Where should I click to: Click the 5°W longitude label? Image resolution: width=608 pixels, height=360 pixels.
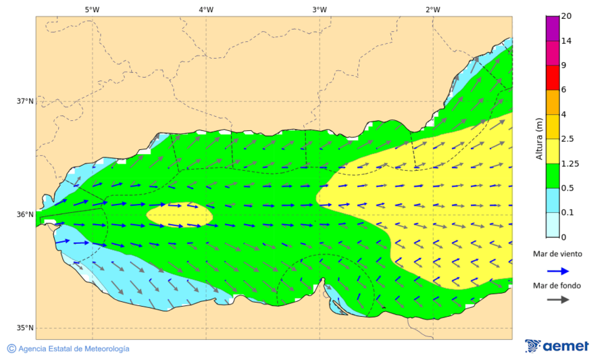(93, 9)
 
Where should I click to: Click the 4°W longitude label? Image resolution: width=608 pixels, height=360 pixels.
(206, 9)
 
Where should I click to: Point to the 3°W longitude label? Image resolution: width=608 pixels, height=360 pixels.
(320, 9)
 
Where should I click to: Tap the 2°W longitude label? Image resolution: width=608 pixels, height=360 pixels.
(433, 9)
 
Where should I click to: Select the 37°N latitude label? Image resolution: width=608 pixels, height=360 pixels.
(25, 101)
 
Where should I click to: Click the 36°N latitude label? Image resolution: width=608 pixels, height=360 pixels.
(25, 215)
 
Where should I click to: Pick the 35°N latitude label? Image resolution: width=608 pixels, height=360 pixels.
(25, 328)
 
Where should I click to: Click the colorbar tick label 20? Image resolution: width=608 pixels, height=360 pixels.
(567, 16)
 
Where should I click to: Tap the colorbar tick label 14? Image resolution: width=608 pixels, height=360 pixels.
(567, 41)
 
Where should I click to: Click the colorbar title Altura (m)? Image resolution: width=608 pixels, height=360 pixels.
(539, 139)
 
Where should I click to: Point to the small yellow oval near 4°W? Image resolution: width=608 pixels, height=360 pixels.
(180, 215)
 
